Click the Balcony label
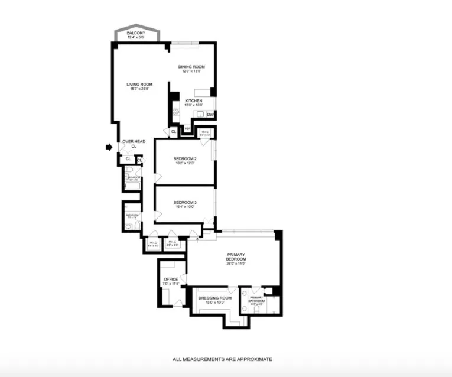click(136, 32)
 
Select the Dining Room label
click(191, 67)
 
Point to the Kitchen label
click(194, 101)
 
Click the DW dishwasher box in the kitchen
click(210, 114)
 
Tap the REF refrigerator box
click(187, 128)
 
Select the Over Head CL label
click(134, 142)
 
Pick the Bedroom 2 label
click(185, 158)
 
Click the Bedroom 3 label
click(185, 203)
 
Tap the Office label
click(171, 279)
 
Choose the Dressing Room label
click(214, 298)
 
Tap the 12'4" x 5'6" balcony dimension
click(136, 38)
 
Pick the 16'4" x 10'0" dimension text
click(185, 207)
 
